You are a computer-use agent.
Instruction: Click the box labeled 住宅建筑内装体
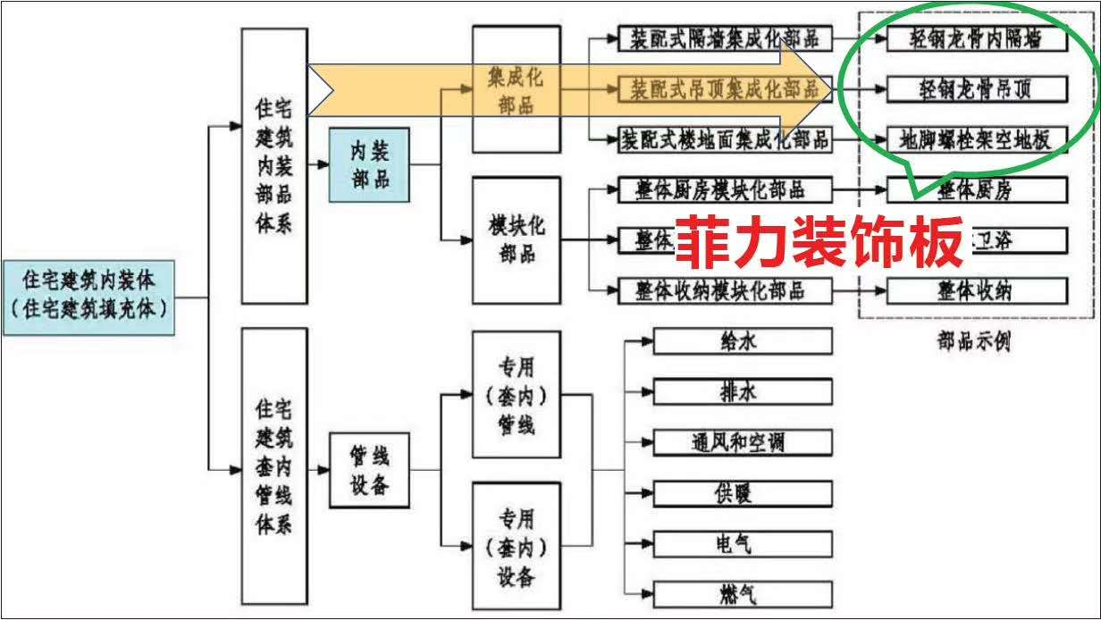[x=89, y=297]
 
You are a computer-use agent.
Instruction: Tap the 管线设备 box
[x=368, y=470]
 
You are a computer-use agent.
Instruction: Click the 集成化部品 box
[x=516, y=89]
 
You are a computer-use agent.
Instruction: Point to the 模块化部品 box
[x=516, y=239]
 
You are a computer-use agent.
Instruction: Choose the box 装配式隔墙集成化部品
[x=724, y=38]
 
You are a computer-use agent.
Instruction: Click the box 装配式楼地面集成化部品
[x=724, y=139]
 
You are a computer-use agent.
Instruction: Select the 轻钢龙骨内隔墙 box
[x=977, y=38]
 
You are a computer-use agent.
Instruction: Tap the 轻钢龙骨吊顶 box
[x=977, y=88]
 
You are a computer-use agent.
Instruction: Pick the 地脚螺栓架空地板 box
[x=977, y=139]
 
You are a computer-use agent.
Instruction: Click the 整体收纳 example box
[x=977, y=290]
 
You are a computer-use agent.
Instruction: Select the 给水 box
[x=743, y=340]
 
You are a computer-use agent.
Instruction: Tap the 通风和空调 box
[x=743, y=441]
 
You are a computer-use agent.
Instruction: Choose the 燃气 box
[x=743, y=593]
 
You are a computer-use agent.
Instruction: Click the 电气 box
[x=743, y=542]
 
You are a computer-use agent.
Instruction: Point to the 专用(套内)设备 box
[x=516, y=547]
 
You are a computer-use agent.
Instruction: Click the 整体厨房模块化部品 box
[x=724, y=189]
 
